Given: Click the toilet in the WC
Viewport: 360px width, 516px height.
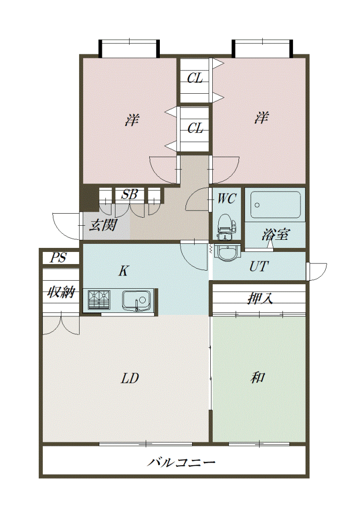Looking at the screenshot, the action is point(226,227).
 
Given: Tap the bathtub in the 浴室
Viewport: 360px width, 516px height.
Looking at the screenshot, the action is point(275,205).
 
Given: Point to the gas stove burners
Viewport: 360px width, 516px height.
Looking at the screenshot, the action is point(99,300).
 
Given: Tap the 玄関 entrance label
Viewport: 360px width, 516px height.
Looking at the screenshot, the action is point(103,226).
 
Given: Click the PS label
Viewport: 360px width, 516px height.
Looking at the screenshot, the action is point(58,257).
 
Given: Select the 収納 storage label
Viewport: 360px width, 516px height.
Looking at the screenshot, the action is point(61,292).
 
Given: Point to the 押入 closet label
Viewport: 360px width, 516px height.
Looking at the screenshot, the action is point(260,299).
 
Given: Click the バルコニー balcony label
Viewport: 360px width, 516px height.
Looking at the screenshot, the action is point(181,463).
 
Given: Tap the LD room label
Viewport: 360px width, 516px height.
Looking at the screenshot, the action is point(130,378).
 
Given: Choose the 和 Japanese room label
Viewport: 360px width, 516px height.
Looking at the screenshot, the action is point(257,377).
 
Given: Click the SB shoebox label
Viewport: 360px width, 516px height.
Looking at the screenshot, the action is point(129,195).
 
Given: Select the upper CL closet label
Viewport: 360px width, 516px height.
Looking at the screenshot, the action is point(195,78).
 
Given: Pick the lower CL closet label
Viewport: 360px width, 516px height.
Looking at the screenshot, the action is point(195,128).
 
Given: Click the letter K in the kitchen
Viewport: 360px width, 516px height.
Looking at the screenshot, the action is point(123,271).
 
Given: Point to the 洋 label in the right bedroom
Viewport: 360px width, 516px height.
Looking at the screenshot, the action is point(261,117).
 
